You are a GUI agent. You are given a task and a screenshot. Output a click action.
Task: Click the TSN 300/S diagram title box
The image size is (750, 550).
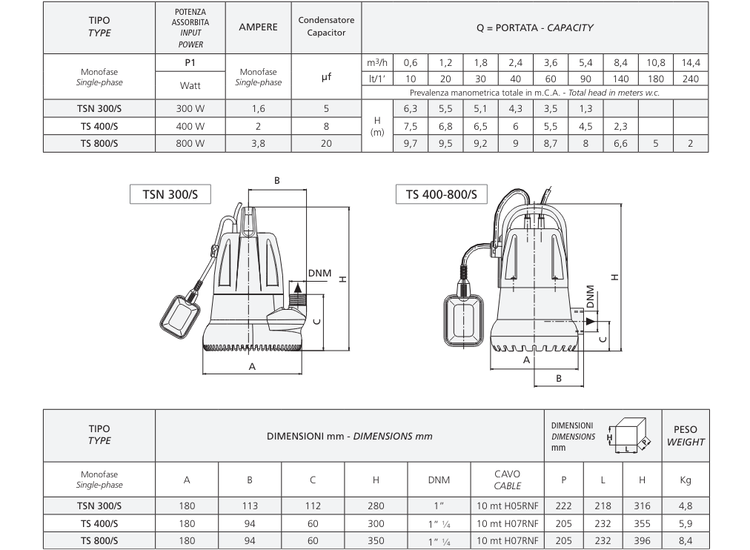click(x=170, y=194)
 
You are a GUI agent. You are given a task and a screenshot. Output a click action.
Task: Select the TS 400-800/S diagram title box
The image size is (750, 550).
click(x=441, y=194)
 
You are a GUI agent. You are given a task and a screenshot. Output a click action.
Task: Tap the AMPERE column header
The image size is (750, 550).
click(x=259, y=27)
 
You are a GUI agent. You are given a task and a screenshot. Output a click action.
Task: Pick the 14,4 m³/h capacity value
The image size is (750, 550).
click(x=691, y=63)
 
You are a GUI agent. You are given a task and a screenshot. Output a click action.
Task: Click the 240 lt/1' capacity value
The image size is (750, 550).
click(x=691, y=79)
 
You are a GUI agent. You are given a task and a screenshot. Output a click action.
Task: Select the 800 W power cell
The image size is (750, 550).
click(x=190, y=144)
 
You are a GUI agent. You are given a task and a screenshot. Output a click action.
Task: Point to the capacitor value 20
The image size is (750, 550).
click(x=326, y=144)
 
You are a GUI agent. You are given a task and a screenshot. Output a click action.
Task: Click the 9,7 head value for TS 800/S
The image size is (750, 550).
click(x=411, y=144)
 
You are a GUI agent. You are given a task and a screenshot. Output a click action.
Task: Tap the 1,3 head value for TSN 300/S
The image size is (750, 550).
click(x=585, y=108)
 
